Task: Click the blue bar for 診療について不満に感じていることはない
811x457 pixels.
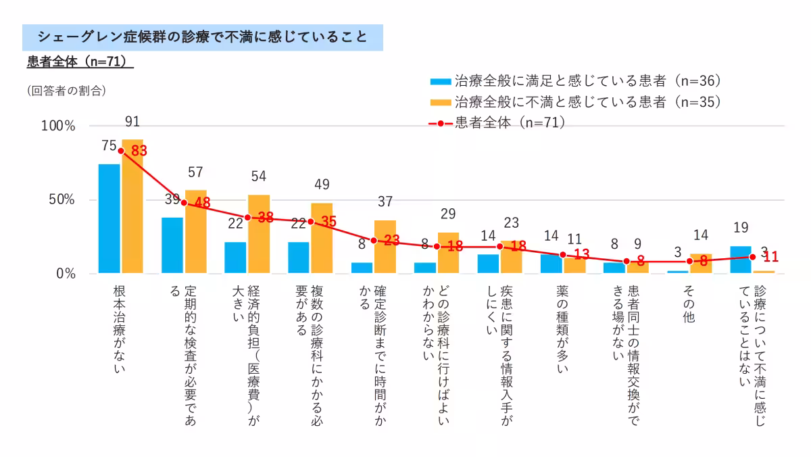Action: click(x=741, y=260)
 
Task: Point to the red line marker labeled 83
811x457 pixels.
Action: click(x=121, y=151)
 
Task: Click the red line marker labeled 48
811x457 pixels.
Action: click(x=184, y=203)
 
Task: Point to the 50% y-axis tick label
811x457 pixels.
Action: click(x=60, y=200)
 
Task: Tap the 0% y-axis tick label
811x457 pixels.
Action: click(x=65, y=274)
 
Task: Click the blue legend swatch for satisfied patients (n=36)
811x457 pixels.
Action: click(x=441, y=82)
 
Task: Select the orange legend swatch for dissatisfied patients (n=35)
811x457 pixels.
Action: click(x=441, y=103)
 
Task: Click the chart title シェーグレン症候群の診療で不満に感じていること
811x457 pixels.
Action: click(x=203, y=37)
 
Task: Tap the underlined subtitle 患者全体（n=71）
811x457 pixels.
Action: click(x=80, y=62)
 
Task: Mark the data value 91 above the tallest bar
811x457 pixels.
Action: click(x=132, y=122)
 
